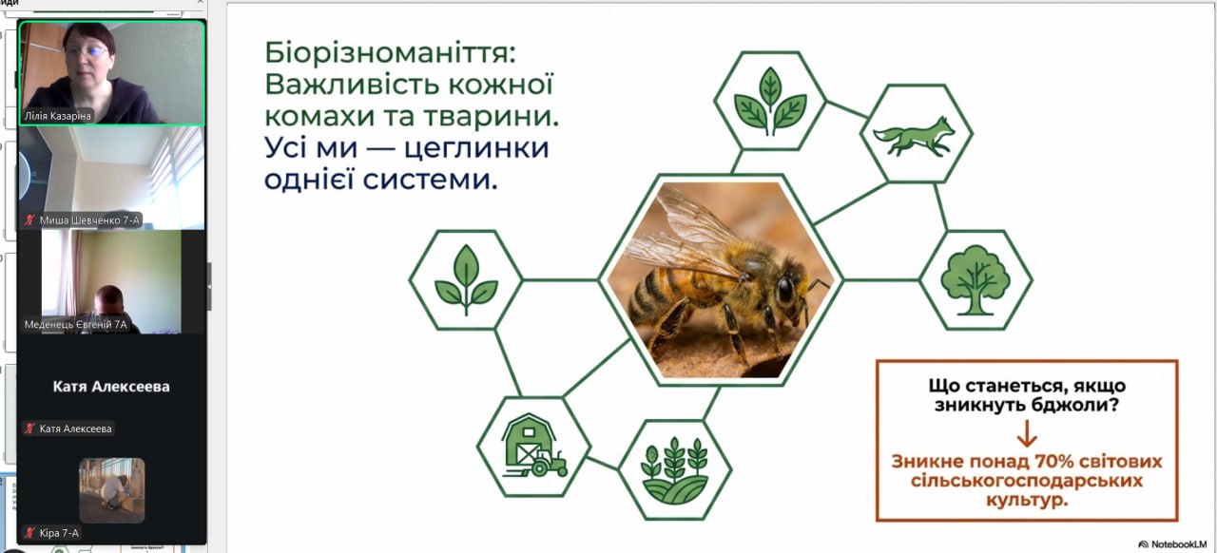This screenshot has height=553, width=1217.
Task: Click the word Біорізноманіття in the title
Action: coord(386,53)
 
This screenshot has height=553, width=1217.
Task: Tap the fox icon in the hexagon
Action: coord(915,136)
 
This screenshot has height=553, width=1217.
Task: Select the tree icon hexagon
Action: coord(976,280)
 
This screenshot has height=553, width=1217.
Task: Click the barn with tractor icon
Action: coord(534,446)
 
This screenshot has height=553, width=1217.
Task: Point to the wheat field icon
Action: coord(674,470)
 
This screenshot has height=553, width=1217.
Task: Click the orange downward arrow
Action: coord(1026,434)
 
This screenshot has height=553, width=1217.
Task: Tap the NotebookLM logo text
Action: coord(1178,544)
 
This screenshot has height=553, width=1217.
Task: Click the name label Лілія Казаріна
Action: coord(58,116)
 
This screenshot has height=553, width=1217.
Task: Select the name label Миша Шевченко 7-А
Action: coord(89,220)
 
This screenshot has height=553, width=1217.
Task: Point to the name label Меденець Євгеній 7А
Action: coord(75,325)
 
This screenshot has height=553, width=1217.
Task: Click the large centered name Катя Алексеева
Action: coord(111,387)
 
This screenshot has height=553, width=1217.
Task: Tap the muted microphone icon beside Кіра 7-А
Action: coord(30,533)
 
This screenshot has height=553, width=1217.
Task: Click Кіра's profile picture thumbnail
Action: coord(112,490)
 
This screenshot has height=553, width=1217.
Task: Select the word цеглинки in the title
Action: coord(476,149)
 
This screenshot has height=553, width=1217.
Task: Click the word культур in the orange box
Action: coord(1026,501)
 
